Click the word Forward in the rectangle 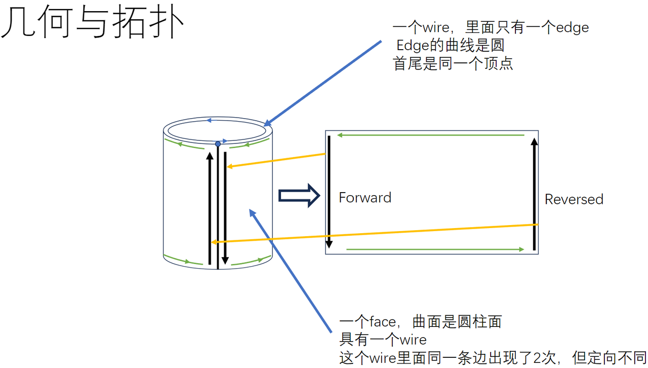[365, 198]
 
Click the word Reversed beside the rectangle [574, 199]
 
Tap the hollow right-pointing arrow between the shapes [299, 196]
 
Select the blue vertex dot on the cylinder [218, 144]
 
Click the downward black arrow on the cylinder [225, 208]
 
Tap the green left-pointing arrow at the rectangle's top [430, 135]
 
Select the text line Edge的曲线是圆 [450, 46]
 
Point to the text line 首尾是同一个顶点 [453, 63]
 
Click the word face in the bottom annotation [382, 322]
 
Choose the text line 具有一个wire [383, 340]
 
